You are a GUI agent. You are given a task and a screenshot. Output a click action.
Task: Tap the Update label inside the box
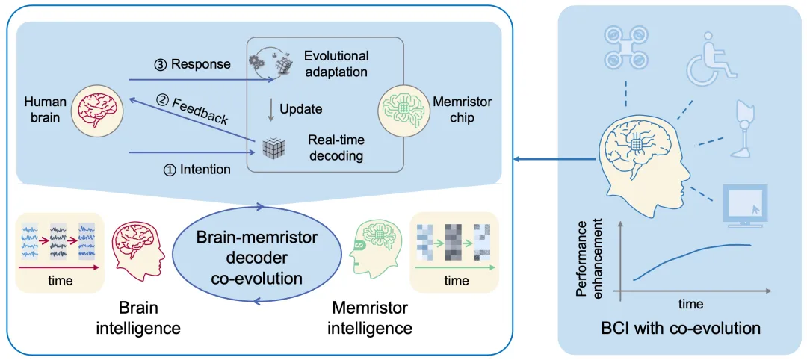[300, 109]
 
